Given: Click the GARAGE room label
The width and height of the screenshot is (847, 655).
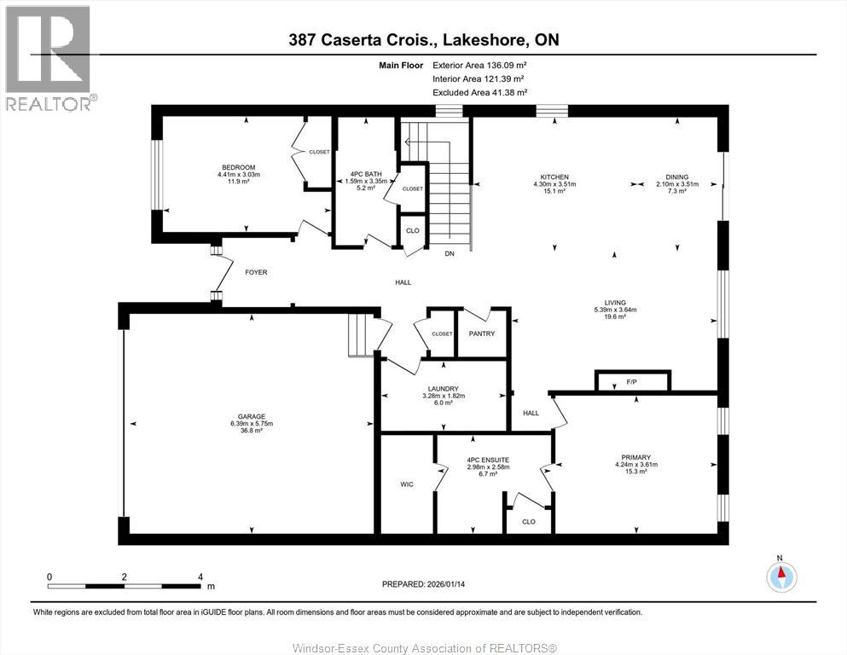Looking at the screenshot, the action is tap(252, 416).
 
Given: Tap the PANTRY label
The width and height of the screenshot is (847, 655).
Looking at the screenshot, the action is tap(482, 333).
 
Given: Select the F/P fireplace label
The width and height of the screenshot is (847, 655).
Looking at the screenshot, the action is tap(631, 382).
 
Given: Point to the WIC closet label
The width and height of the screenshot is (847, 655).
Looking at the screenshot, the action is tap(407, 484).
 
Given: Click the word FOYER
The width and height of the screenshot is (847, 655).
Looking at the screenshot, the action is tap(256, 272).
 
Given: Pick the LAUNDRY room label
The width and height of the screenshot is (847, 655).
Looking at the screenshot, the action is tap(443, 389).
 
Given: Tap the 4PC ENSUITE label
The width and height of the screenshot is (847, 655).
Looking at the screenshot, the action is tap(488, 460).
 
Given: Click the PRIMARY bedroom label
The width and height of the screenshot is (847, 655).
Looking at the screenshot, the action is tap(635, 457).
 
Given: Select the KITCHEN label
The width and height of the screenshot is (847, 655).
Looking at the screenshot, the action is tap(554, 177).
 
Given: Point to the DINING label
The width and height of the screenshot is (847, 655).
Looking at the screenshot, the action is tap(677, 177).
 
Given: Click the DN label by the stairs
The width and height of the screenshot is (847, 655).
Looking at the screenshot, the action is tap(450, 253).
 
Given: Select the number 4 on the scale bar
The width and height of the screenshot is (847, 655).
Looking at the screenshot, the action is tap(200, 577).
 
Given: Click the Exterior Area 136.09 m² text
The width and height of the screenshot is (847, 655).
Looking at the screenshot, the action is tap(479, 66).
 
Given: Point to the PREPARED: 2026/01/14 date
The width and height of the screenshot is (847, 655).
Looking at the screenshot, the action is tap(423, 584).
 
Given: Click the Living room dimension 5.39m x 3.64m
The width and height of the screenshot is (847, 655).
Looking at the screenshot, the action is tap(615, 310).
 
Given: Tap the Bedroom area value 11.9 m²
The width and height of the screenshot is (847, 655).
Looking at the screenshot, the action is tap(238, 182).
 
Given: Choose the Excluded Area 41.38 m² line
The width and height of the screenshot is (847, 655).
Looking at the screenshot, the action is tap(479, 92).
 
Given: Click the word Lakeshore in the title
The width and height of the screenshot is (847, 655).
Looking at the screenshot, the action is tap(485, 40).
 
